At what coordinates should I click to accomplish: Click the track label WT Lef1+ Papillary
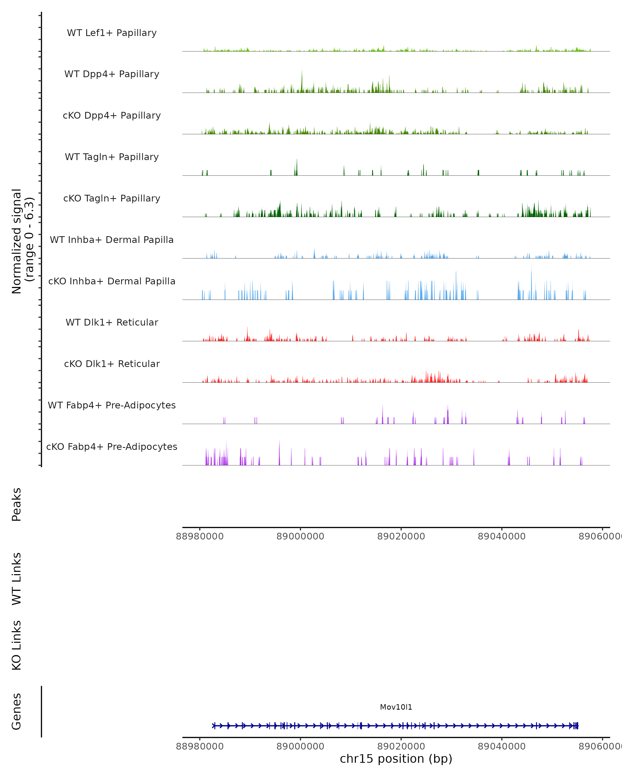(x=112, y=33)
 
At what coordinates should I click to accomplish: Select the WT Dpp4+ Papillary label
(x=112, y=74)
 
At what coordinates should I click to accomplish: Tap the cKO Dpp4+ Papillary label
(x=112, y=116)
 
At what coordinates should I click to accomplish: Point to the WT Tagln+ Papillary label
(x=112, y=157)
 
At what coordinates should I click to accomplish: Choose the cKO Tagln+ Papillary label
(x=112, y=199)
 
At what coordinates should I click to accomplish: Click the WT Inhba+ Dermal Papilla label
(x=112, y=240)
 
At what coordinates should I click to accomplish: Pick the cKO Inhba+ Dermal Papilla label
(x=112, y=282)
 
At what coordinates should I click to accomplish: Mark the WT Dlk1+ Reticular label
(x=112, y=322)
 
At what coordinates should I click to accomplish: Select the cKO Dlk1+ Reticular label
(x=112, y=364)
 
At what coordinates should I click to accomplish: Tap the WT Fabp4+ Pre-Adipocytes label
(x=112, y=405)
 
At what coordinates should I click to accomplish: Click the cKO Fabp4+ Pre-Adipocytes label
(x=112, y=447)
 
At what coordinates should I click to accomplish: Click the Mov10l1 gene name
(x=396, y=707)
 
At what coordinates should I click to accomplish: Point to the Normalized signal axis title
(x=23, y=241)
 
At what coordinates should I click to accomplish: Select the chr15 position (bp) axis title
(x=396, y=759)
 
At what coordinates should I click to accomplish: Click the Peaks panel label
(x=17, y=504)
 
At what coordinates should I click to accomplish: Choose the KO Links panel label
(x=17, y=645)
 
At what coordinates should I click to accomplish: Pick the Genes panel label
(x=17, y=711)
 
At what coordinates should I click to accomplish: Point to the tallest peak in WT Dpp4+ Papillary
(x=302, y=71)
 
